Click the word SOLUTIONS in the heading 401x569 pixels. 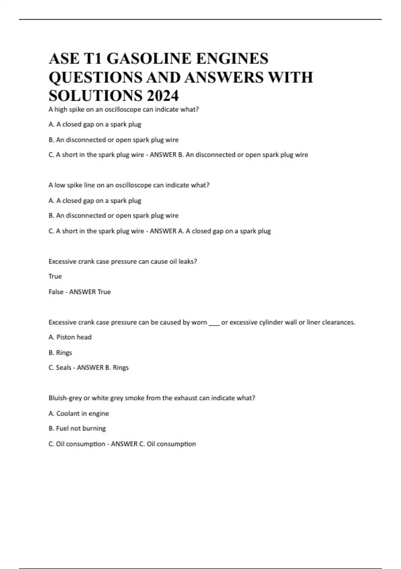(x=95, y=96)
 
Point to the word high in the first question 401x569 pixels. (x=61, y=109)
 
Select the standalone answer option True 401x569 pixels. (x=55, y=276)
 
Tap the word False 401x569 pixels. (x=56, y=292)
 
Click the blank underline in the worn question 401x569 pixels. (x=214, y=323)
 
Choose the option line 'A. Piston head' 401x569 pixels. (x=70, y=337)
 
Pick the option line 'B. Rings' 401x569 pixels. (x=60, y=353)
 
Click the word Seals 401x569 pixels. (x=63, y=368)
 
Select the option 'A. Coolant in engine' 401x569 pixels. (x=79, y=414)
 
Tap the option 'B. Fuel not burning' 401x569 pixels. (x=77, y=428)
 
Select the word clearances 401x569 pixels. (x=338, y=322)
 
